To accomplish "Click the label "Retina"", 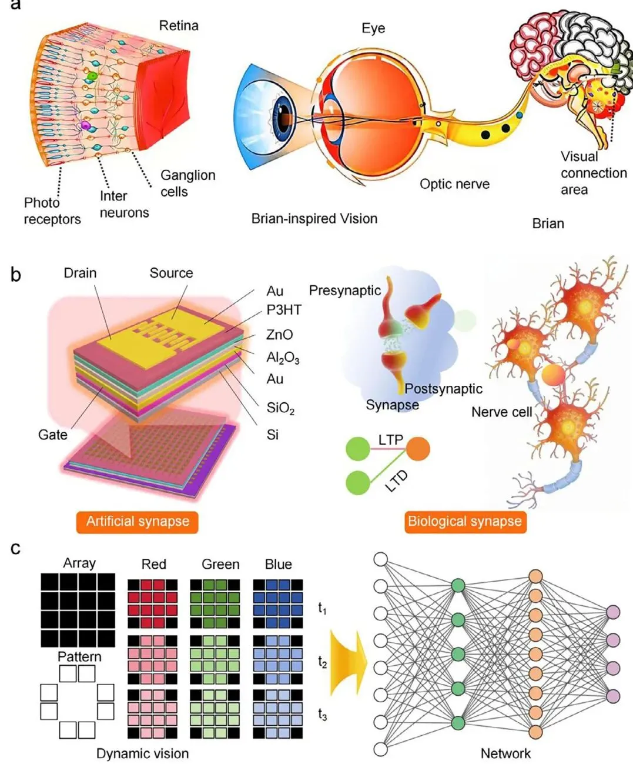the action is click(179, 26).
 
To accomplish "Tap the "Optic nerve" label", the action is click(454, 184).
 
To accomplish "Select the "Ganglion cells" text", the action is click(188, 184).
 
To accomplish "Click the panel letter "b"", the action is click(15, 275).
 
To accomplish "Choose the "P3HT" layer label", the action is click(284, 310).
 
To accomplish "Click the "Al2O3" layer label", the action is click(283, 358).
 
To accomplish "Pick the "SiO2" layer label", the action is click(280, 408).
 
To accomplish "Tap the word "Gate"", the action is click(53, 435).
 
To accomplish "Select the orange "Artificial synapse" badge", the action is click(137, 521).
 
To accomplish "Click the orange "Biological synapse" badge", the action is click(465, 521).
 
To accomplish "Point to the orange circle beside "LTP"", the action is click(418, 449).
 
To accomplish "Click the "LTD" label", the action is click(396, 482).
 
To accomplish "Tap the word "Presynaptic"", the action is click(345, 291).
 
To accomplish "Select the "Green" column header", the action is click(220, 564).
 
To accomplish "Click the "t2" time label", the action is click(322, 662).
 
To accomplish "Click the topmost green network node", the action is click(458, 585).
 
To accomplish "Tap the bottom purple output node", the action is click(613, 696).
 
